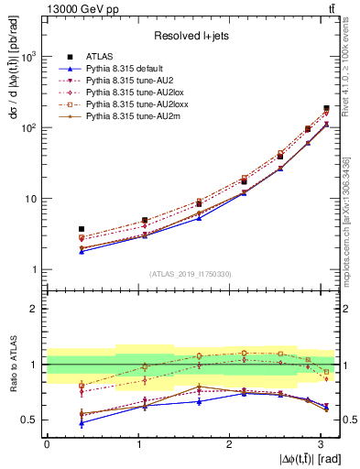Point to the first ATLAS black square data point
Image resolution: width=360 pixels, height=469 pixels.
tap(82, 229)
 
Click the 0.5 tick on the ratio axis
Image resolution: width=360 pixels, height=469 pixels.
tap(32, 420)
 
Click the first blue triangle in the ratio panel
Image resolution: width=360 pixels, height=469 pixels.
tap(82, 423)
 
